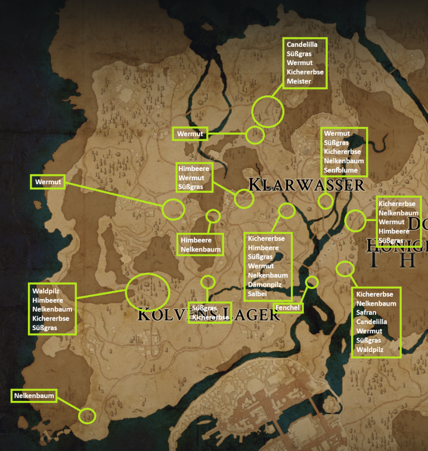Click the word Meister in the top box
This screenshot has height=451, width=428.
tap(299, 81)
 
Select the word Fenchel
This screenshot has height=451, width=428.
tap(288, 308)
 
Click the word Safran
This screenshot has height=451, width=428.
tap(366, 313)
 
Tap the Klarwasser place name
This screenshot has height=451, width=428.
tap(306, 184)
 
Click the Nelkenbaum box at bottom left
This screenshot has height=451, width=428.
tap(35, 396)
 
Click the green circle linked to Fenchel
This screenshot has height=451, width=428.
tap(312, 282)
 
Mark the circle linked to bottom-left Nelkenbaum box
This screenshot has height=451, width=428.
tap(87, 415)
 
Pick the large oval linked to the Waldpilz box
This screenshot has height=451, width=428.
tap(147, 291)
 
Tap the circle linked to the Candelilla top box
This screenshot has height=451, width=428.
tap(267, 111)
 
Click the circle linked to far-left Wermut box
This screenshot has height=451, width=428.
tap(173, 209)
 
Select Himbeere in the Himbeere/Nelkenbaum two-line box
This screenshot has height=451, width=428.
tap(194, 240)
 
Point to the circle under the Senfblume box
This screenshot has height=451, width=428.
tap(325, 201)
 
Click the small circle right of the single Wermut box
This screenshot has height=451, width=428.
tap(255, 134)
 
